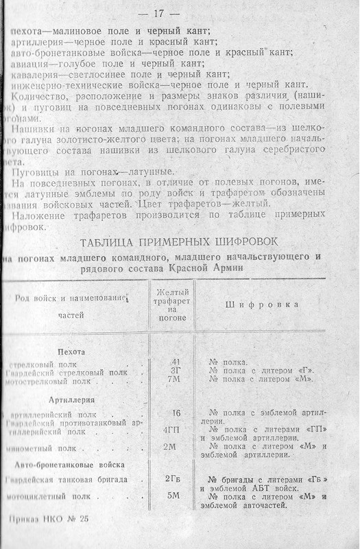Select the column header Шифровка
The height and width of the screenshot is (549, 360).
point(258,303)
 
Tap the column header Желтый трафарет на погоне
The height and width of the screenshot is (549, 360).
point(172,303)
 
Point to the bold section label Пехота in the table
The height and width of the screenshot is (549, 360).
point(72,351)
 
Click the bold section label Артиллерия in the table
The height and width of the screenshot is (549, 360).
point(71,399)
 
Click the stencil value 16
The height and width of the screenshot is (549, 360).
point(175,413)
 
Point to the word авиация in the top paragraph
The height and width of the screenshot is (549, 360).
point(31,63)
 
